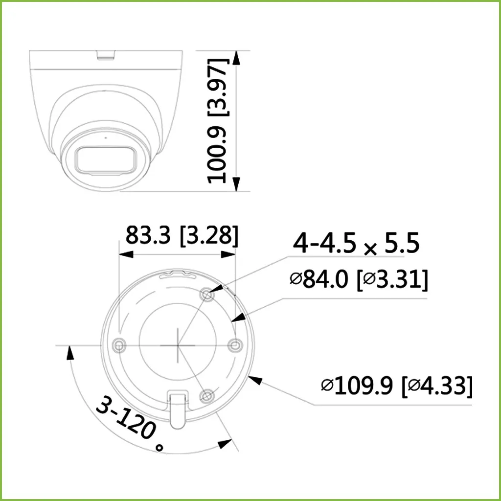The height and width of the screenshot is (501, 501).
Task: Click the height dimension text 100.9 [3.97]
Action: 217,120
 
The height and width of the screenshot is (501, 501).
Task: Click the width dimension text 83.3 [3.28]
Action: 182,235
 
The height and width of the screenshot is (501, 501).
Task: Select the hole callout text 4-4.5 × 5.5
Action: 356,244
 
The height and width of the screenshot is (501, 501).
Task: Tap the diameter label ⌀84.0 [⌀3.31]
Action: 359,280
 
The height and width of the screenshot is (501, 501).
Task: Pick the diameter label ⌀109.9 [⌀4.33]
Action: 397,386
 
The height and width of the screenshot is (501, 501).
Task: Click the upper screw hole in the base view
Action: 207,295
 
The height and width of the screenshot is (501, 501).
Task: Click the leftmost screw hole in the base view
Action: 118,345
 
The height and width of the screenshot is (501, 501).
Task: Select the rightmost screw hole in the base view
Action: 235,345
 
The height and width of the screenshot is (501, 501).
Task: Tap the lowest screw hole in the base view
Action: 207,394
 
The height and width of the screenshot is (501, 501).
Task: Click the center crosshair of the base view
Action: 177,345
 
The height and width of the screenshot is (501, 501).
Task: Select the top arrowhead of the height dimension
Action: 236,57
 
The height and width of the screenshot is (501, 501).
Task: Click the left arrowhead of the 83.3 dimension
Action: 126,254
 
